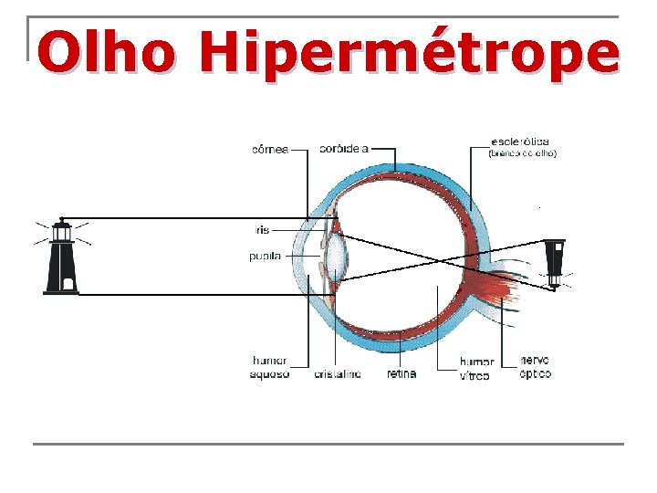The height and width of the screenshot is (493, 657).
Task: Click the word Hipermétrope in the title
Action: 411,54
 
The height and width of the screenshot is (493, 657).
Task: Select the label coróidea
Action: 343,148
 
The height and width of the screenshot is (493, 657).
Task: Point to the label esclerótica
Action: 519,142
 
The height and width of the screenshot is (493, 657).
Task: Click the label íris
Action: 264,229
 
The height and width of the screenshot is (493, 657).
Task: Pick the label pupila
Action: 265,257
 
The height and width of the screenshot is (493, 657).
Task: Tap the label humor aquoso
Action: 269,368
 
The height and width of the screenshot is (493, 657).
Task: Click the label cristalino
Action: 338,374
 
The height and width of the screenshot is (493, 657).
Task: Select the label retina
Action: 401,373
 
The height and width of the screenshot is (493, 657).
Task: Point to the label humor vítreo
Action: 476,369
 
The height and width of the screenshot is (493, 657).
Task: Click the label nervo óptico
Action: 536,367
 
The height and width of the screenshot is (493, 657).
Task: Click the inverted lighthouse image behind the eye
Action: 555,262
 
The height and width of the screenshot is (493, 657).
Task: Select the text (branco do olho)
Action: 522,153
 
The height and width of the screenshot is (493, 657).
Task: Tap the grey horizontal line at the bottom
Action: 328,445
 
